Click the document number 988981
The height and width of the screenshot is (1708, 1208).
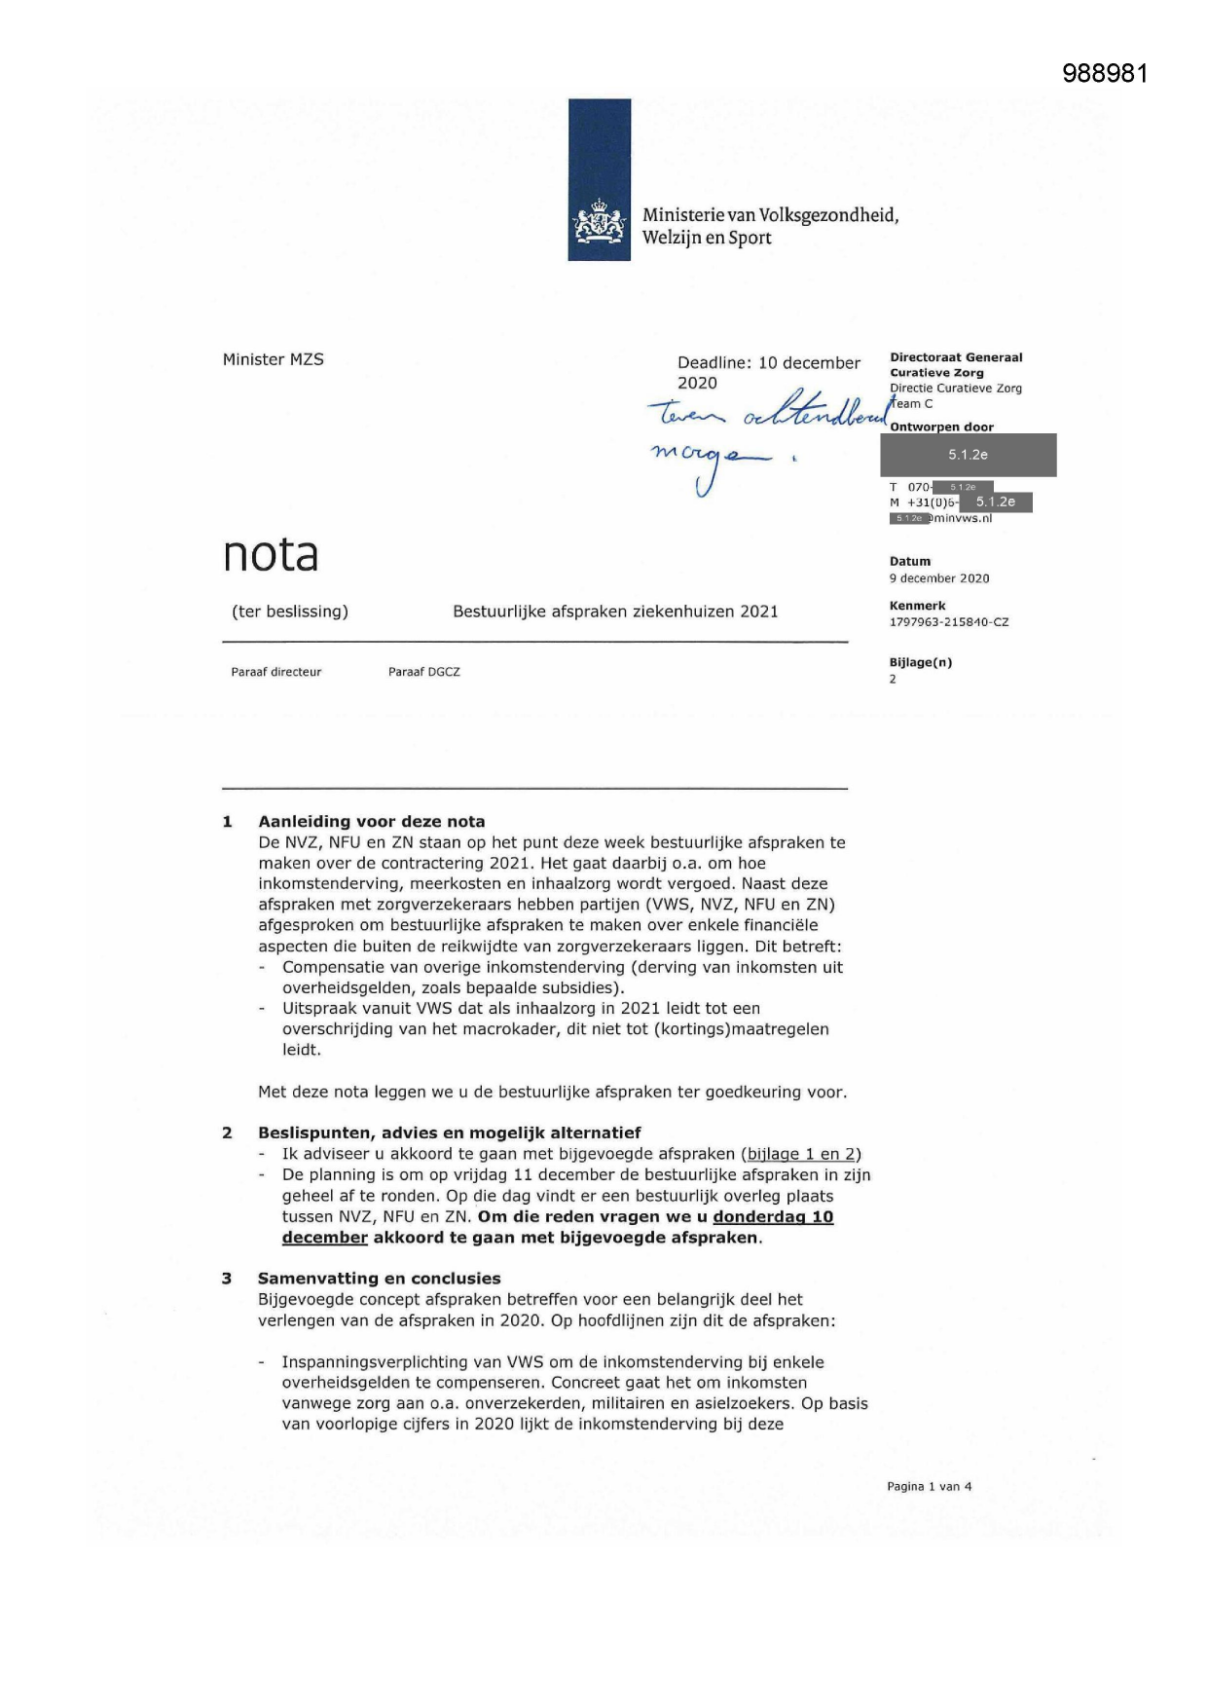[1105, 74]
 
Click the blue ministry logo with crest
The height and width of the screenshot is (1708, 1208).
[599, 180]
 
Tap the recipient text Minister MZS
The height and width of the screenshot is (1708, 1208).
[273, 359]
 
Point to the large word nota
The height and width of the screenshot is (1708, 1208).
[271, 555]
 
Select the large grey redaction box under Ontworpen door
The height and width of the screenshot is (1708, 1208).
[968, 455]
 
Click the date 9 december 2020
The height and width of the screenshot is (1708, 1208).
[938, 578]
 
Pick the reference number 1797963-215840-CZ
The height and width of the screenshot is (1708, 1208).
[948, 622]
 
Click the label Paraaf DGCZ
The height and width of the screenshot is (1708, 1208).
[423, 672]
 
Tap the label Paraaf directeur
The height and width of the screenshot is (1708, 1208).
[275, 672]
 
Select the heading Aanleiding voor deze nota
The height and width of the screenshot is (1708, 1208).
[371, 822]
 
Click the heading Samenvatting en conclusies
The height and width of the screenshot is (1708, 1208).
[379, 1279]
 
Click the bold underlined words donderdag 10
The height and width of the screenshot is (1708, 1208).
[773, 1217]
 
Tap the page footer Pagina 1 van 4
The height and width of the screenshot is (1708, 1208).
[929, 1487]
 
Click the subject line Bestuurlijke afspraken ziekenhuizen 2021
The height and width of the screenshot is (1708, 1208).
[615, 612]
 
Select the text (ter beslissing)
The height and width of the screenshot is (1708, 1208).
[289, 612]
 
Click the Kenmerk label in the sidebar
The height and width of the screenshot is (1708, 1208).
[917, 606]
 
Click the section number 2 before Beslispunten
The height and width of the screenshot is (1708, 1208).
[227, 1132]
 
